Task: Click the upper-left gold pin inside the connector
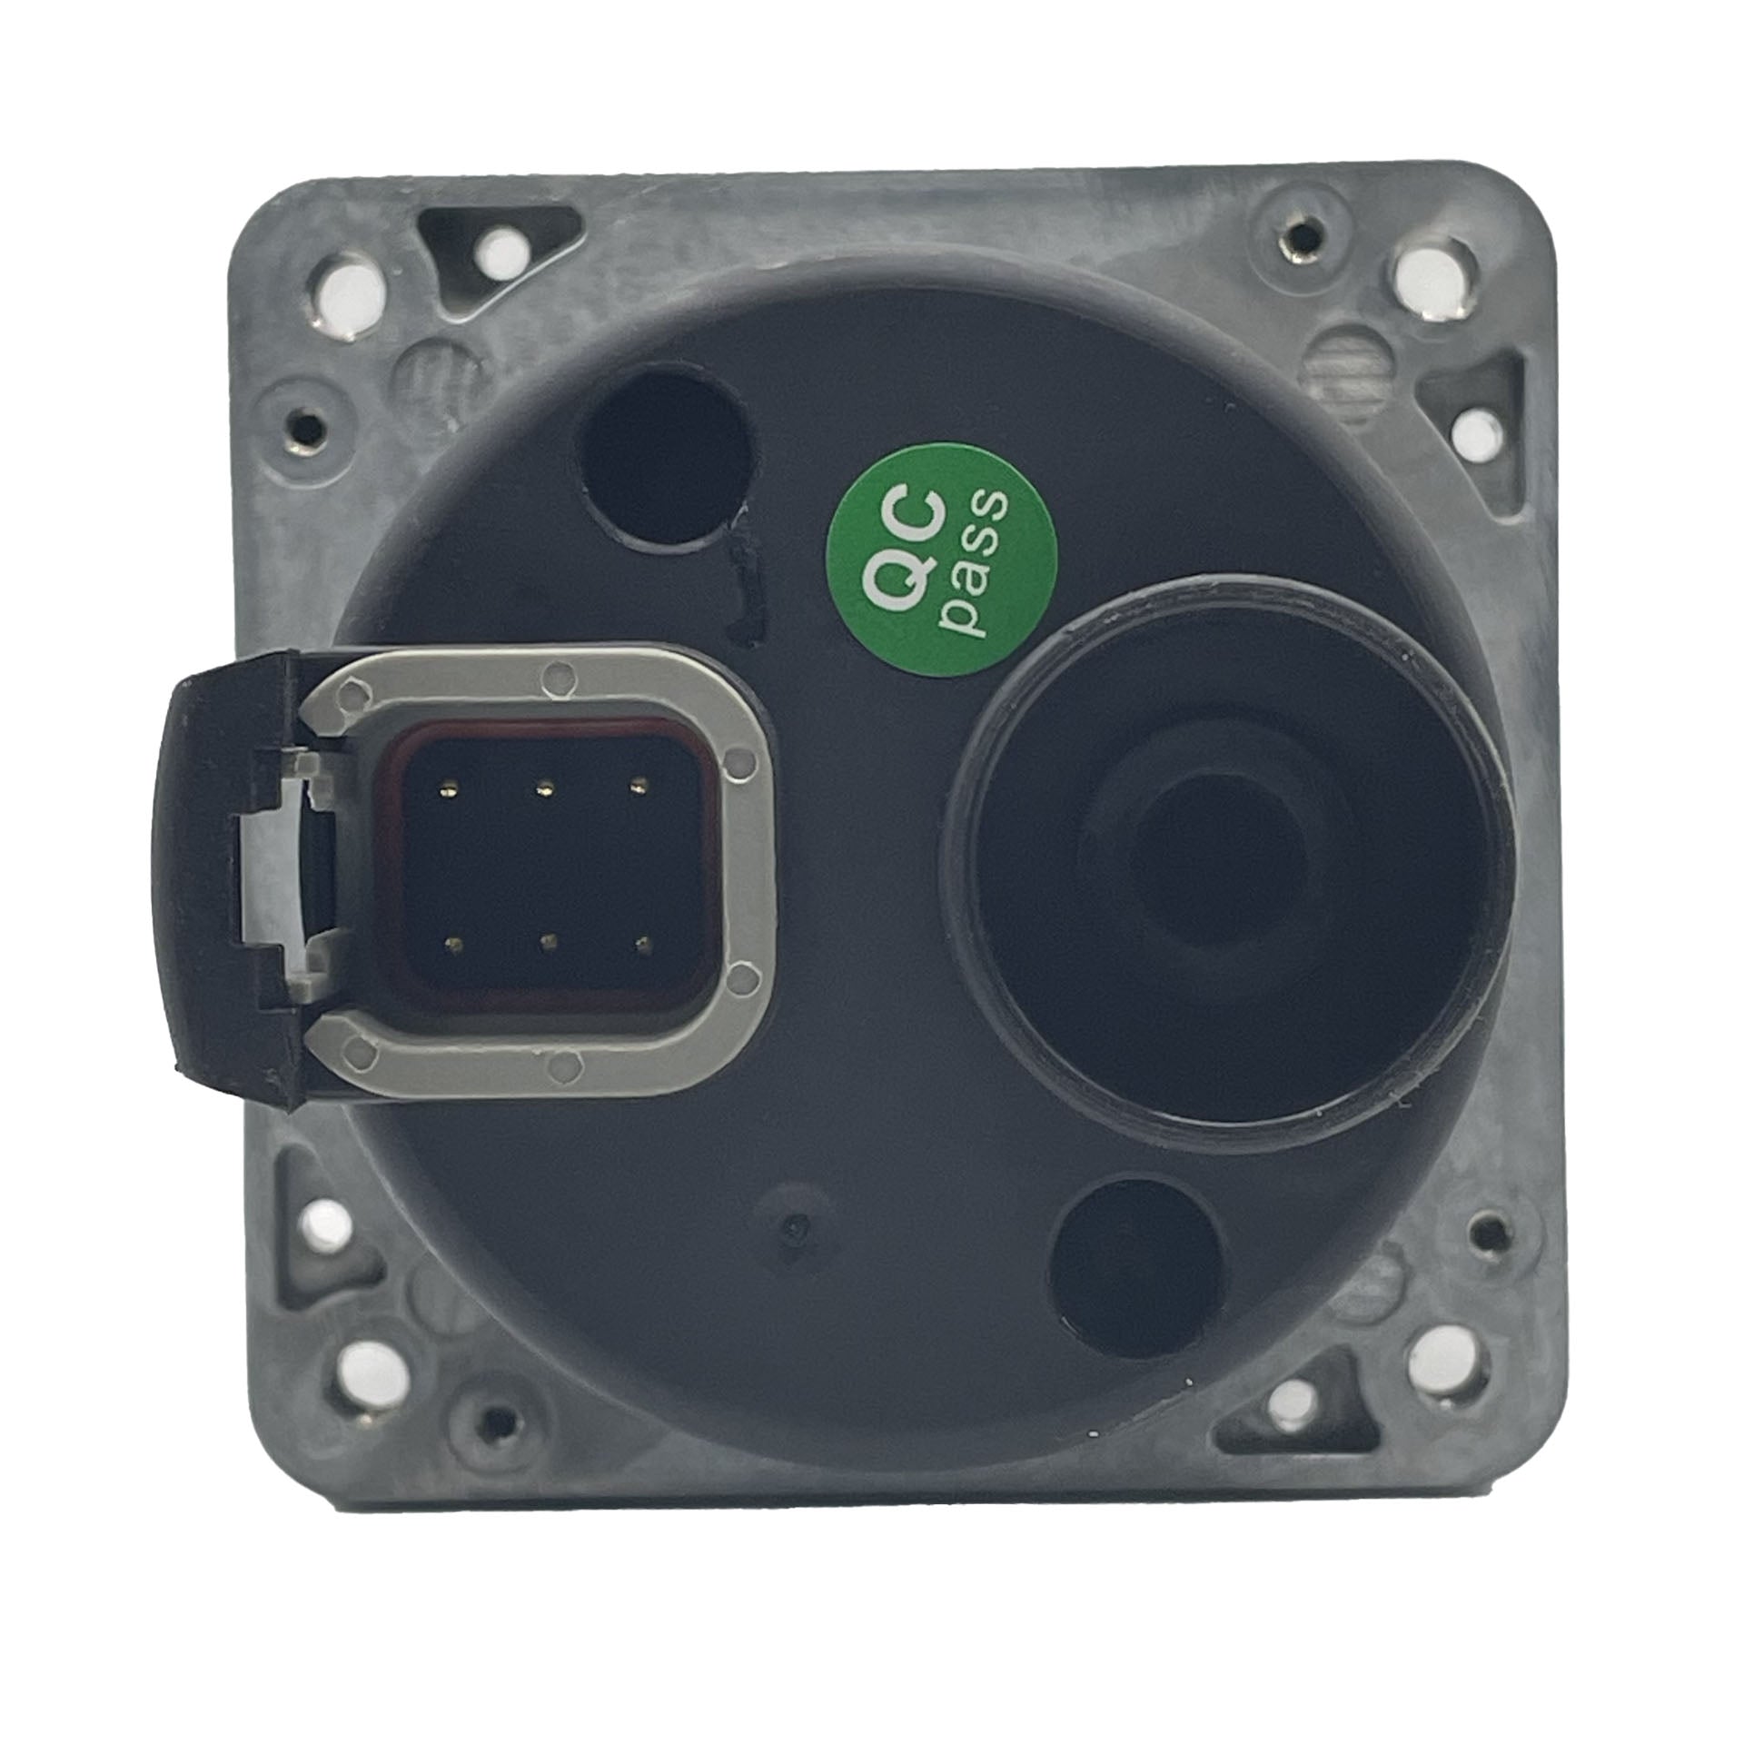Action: point(448,788)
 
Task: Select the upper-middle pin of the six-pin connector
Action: point(543,787)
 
